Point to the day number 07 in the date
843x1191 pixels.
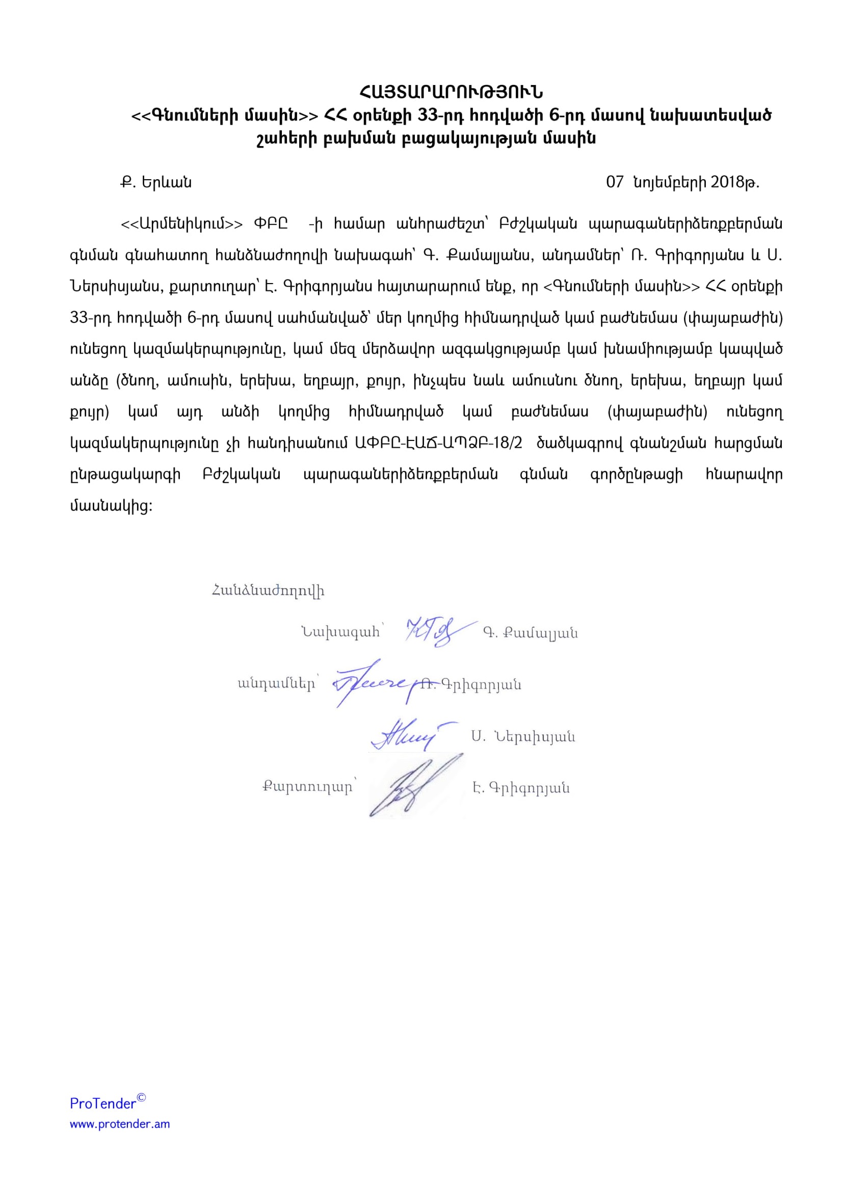pyautogui.click(x=614, y=183)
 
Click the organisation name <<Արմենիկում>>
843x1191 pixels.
pyautogui.click(x=181, y=224)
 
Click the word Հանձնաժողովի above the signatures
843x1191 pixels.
pyautogui.click(x=269, y=591)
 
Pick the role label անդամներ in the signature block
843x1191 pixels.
pyautogui.click(x=276, y=684)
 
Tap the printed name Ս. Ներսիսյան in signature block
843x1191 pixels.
pyautogui.click(x=523, y=737)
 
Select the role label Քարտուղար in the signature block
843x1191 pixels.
pyautogui.click(x=307, y=787)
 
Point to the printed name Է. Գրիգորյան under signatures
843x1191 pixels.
pyautogui.click(x=521, y=788)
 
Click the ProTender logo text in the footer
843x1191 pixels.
pyautogui.click(x=103, y=1103)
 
